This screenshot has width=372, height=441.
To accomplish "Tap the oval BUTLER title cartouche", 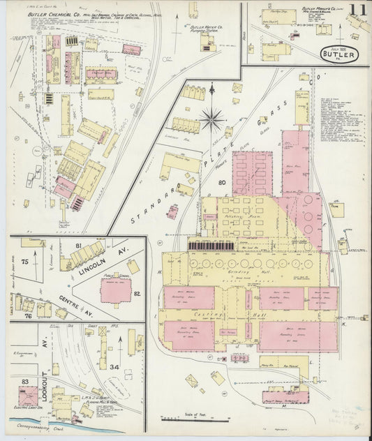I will click(x=338, y=54).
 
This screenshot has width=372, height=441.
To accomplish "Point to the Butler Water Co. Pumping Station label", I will click(x=204, y=29).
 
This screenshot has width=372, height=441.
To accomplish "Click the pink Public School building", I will click(x=114, y=290).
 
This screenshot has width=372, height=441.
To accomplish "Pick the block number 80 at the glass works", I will click(x=223, y=184).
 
